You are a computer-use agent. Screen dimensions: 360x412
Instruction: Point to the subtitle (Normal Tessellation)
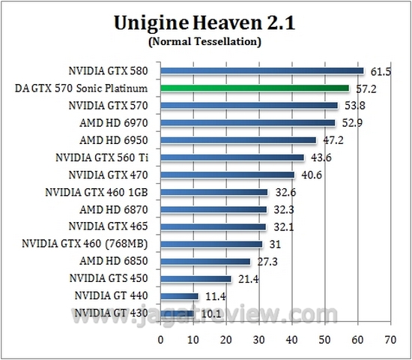click(x=206, y=42)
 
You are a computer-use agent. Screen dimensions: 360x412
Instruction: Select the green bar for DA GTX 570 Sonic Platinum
click(x=255, y=88)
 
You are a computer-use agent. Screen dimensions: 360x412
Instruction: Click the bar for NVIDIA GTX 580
click(x=262, y=71)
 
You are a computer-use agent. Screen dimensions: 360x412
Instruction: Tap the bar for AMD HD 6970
click(x=248, y=123)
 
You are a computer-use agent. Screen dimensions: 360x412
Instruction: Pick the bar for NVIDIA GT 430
click(x=178, y=313)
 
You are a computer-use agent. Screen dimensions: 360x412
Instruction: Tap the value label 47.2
click(x=332, y=140)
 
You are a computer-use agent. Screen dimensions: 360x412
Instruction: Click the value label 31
click(x=275, y=244)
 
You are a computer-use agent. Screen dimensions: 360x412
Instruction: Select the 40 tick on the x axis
click(x=291, y=339)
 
